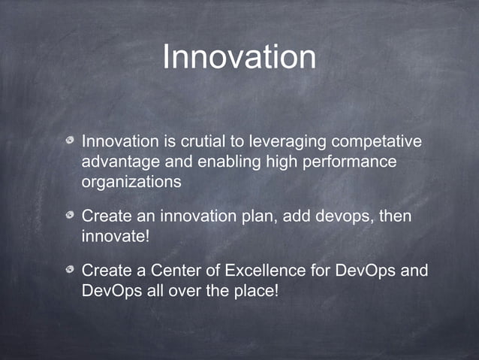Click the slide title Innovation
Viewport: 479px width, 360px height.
tap(239, 58)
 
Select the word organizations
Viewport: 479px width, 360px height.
tap(131, 181)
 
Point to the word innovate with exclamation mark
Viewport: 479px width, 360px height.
tap(114, 237)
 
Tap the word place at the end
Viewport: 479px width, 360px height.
tap(255, 289)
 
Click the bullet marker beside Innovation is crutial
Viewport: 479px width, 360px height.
tap(69, 141)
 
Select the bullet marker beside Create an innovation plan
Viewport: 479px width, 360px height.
tap(69, 216)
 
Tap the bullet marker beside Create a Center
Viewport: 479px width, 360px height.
tap(69, 269)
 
